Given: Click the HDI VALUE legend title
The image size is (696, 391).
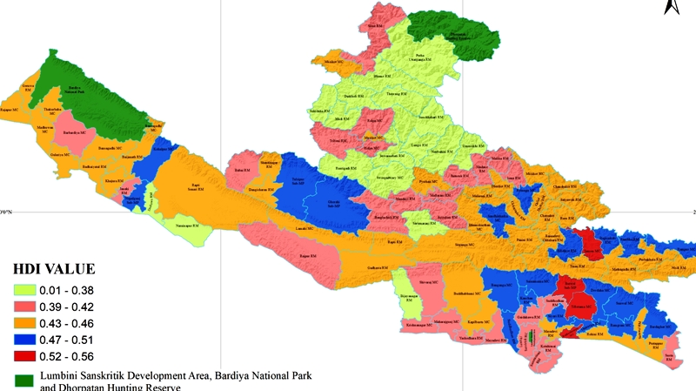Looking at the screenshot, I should [52, 269].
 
